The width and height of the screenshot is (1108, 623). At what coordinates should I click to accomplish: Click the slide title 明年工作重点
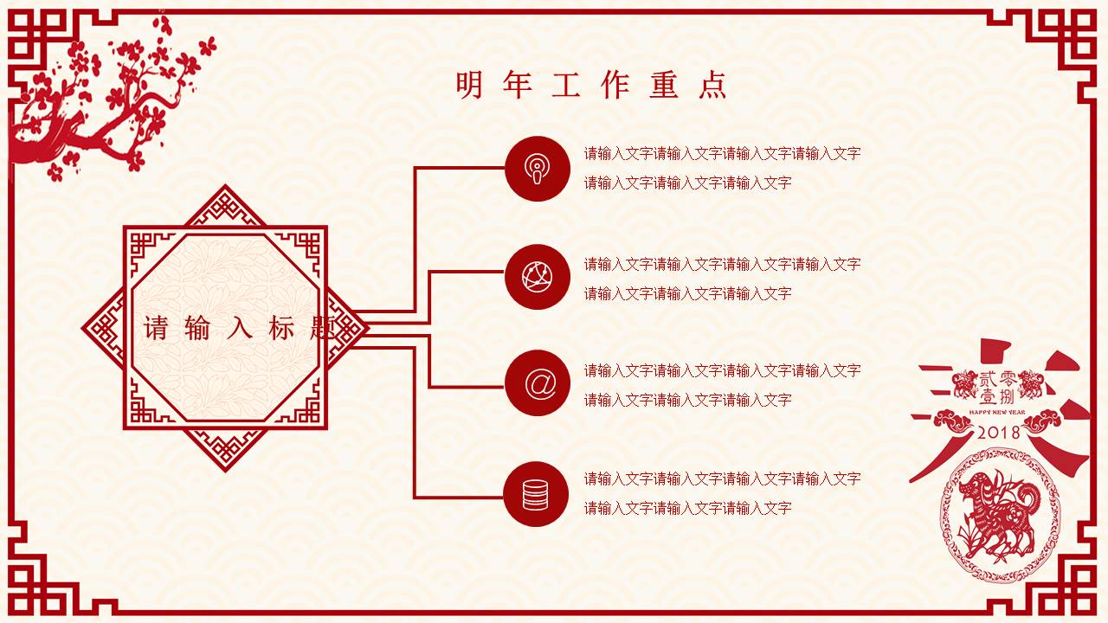click(591, 85)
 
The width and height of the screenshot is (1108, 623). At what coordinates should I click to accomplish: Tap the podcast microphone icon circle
click(537, 168)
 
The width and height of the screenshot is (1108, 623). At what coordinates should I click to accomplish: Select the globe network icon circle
click(537, 277)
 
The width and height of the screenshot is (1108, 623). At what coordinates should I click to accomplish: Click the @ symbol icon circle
click(537, 383)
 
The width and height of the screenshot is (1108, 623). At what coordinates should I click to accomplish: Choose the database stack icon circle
click(537, 494)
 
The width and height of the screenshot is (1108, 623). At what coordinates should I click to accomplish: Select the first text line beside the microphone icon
click(722, 154)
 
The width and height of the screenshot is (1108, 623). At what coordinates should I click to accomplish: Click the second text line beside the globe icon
click(687, 293)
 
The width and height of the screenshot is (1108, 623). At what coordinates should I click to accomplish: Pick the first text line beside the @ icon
click(722, 370)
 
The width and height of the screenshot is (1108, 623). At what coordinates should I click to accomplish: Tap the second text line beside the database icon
click(687, 508)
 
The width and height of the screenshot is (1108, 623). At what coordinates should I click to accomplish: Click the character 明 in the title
click(469, 85)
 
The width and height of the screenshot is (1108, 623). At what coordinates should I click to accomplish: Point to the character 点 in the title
click(713, 85)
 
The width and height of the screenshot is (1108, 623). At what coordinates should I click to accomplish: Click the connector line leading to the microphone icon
click(459, 168)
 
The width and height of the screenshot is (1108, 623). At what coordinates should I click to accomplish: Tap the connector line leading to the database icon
click(459, 498)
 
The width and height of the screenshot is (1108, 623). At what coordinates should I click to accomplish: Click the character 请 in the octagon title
click(157, 329)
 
